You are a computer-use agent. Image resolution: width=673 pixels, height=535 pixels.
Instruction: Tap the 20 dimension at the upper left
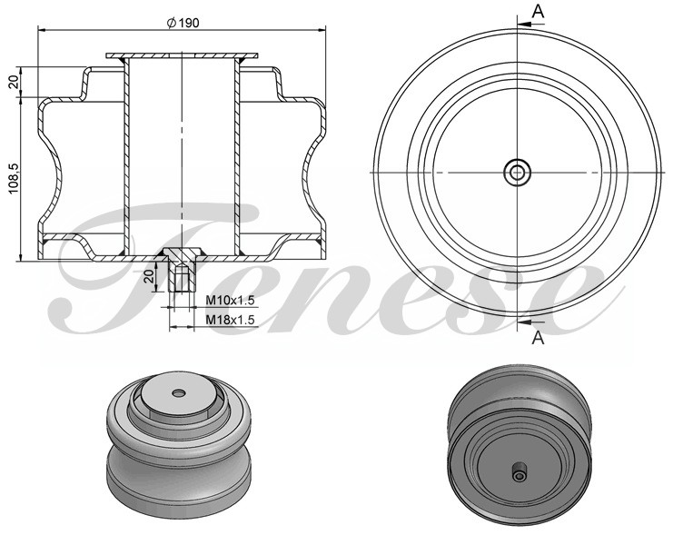pos(14,81)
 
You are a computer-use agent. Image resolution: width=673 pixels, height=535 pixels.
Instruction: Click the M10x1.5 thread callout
pos(228,301)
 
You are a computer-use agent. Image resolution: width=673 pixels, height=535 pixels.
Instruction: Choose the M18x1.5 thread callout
pos(228,320)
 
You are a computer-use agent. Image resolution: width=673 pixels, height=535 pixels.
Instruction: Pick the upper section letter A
pos(538,11)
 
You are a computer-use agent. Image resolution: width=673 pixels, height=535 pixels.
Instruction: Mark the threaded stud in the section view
pos(182,274)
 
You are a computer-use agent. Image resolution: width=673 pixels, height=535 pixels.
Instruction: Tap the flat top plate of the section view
pos(182,57)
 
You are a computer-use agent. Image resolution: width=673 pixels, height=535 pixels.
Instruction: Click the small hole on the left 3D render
pos(178,392)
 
